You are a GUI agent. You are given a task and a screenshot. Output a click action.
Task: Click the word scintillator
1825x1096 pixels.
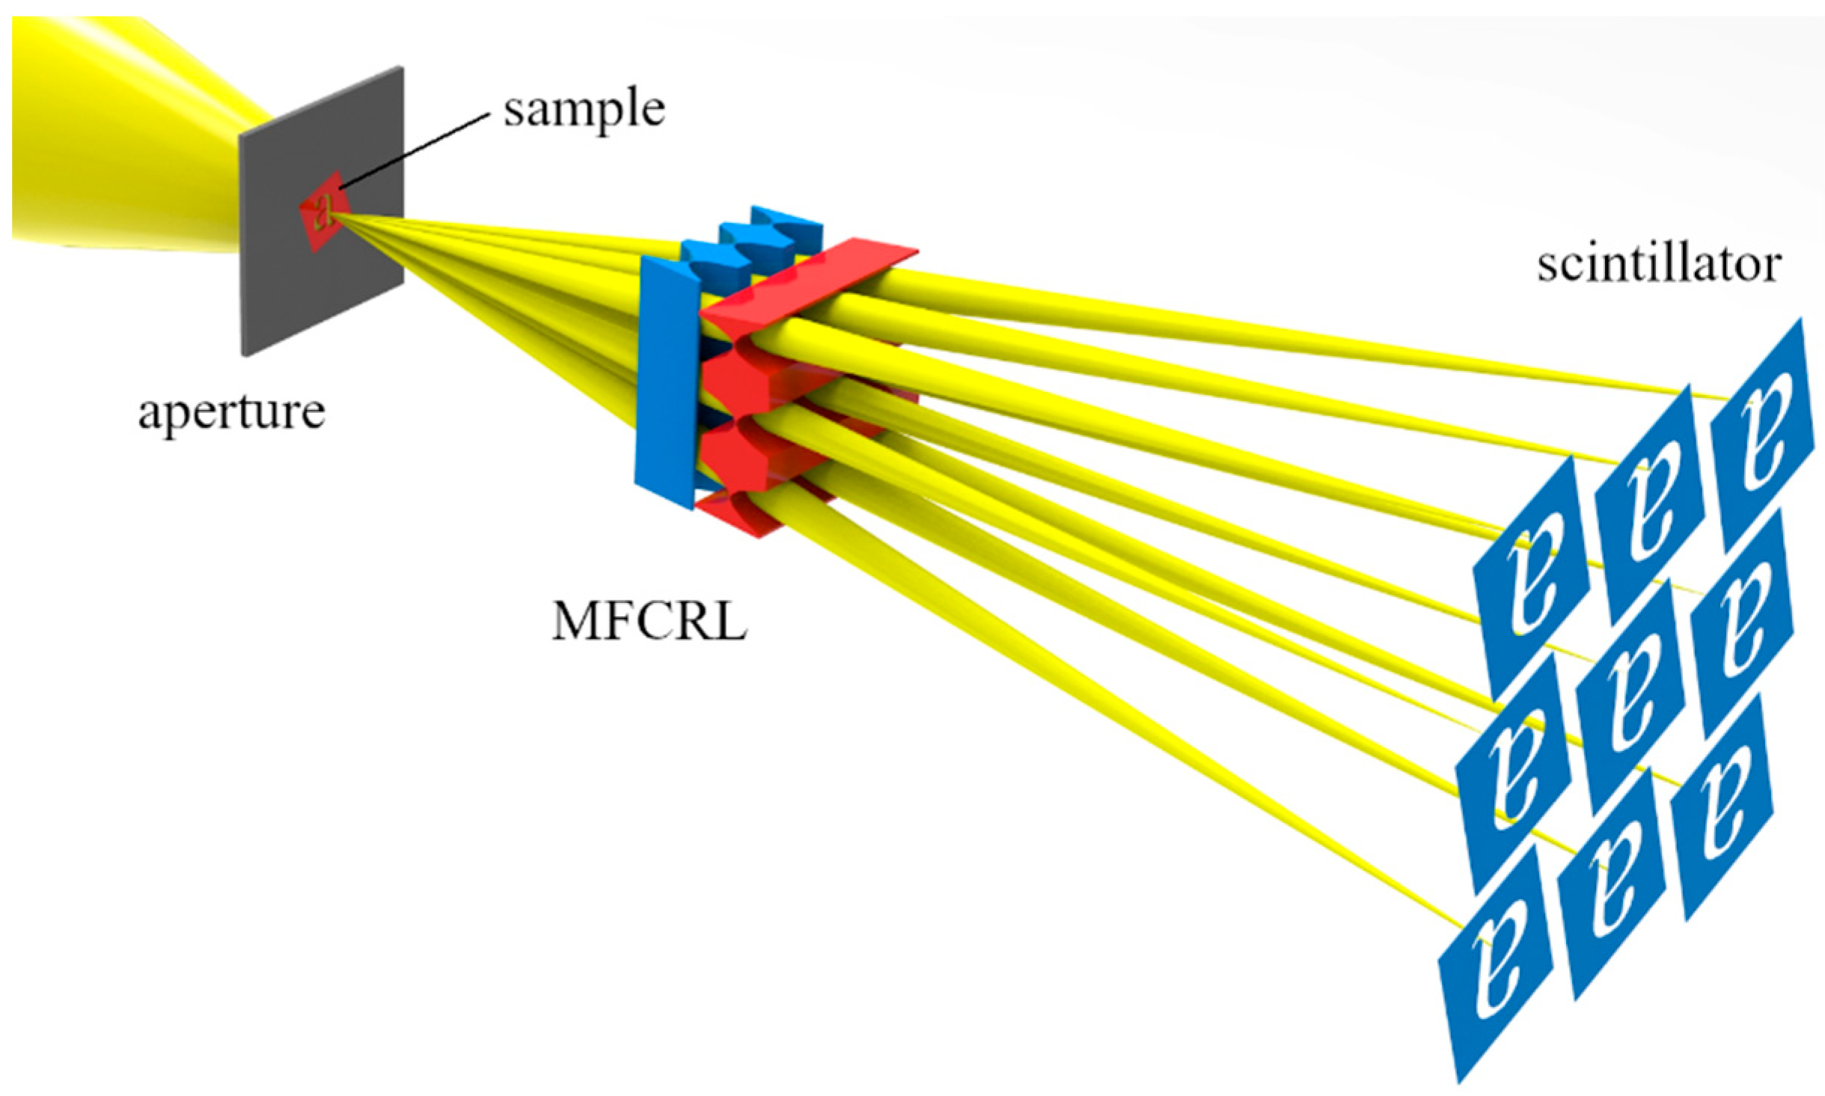coord(1658,266)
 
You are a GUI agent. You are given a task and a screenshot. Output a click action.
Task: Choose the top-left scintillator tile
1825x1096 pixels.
coord(1526,576)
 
